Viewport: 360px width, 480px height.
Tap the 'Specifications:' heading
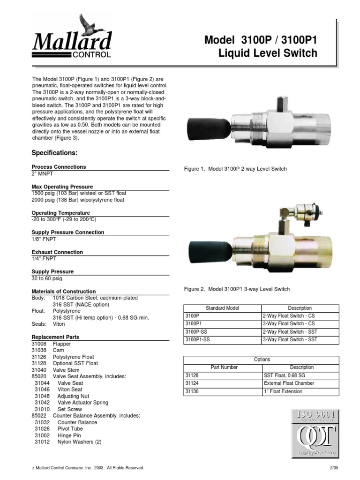click(54, 153)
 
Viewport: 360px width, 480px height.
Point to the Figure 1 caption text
click(235, 169)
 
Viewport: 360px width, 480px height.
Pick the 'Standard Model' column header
click(222, 308)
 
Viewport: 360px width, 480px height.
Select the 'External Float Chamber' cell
click(289, 383)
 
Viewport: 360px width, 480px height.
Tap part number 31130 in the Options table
click(193, 391)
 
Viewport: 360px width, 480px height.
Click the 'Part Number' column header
click(222, 367)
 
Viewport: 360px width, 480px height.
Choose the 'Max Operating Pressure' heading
click(62, 187)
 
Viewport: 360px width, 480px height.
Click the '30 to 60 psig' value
click(47, 278)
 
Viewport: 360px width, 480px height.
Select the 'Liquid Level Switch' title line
click(268, 53)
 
